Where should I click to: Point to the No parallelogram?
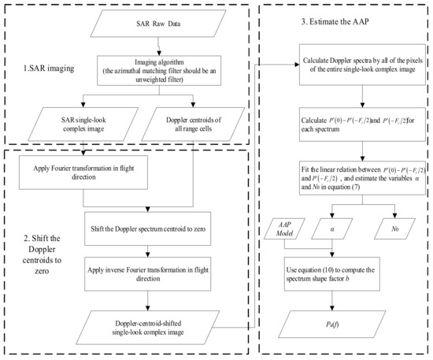pyautogui.click(x=395, y=229)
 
